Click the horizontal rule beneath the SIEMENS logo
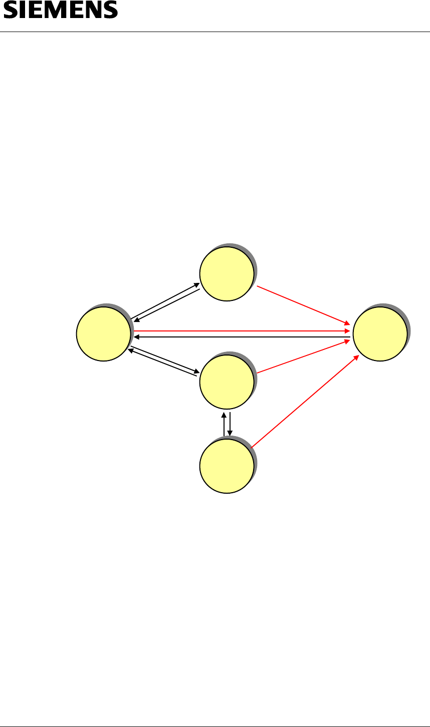pyautogui.click(x=215, y=33)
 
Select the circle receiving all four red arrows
pyautogui.click(x=380, y=334)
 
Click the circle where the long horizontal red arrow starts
pyautogui.click(x=103, y=334)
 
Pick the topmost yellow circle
pyautogui.click(x=227, y=274)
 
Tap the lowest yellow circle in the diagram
pyautogui.click(x=227, y=466)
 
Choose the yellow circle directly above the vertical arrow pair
pyautogui.click(x=227, y=382)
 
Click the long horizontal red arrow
pyautogui.click(x=241, y=331)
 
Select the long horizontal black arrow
pyautogui.click(x=241, y=337)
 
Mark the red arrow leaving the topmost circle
pyautogui.click(x=303, y=305)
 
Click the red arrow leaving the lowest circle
pyautogui.click(x=305, y=402)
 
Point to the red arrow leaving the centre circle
pyautogui.click(x=303, y=357)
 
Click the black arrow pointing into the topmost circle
pyautogui.click(x=165, y=300)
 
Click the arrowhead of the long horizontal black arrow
pyautogui.click(x=136, y=337)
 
